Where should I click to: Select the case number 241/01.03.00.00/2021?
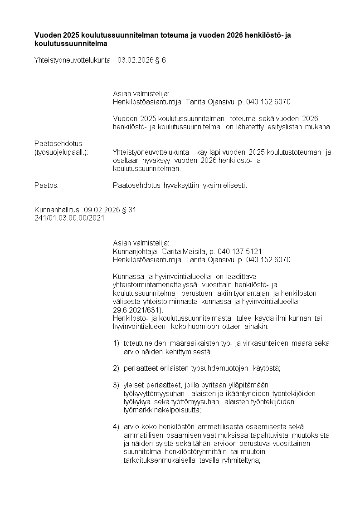point(69,218)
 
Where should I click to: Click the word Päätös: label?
point(47,185)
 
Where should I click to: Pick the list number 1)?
point(116,343)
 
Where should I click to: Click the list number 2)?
point(116,368)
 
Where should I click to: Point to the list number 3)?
point(116,385)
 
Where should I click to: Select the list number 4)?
point(116,426)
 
